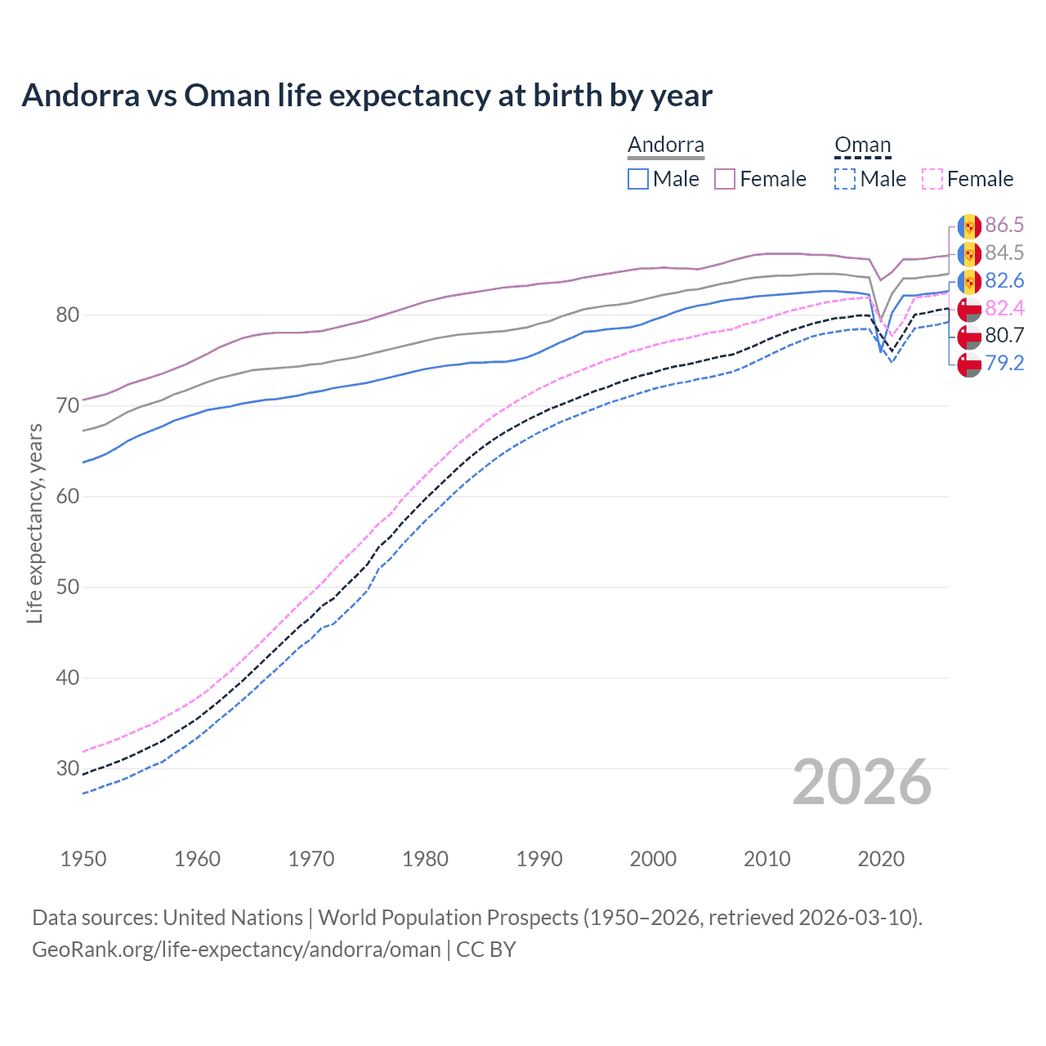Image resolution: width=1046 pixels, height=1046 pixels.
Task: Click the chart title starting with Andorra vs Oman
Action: coord(367,96)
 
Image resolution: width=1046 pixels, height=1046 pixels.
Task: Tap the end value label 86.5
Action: coord(1004,225)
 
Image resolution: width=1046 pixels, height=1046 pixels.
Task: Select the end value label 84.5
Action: coord(1004,253)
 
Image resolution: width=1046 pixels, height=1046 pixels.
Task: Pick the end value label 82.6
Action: coord(1004,280)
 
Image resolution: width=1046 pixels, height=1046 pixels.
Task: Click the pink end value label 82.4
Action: coord(1004,308)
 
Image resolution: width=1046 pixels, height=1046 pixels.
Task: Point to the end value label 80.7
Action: coord(1004,335)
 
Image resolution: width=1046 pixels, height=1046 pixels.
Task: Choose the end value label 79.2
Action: coord(1004,363)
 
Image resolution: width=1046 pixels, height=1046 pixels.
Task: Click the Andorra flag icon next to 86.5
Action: coord(969,226)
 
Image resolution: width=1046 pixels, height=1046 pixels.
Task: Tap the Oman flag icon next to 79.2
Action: coord(969,364)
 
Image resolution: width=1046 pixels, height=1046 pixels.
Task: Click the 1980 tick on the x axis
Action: coord(425,859)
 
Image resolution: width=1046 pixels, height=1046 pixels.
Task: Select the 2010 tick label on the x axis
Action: coord(767,859)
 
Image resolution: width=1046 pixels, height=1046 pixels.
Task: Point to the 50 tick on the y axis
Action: coord(68,587)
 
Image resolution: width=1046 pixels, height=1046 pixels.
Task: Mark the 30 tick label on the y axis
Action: coord(68,768)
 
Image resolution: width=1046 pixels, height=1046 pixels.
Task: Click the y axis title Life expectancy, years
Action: coord(34,523)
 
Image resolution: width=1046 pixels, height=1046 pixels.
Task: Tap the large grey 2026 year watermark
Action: coord(862,782)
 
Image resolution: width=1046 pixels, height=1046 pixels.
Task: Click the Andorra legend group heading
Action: coord(665,145)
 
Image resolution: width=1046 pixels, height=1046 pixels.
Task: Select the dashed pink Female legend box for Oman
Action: coord(932,179)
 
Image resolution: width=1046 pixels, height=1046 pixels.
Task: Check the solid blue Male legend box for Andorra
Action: coord(638,179)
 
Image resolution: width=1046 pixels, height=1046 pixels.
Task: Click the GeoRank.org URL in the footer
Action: coord(236,950)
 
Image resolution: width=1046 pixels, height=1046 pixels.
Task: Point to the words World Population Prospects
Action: coord(448,918)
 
